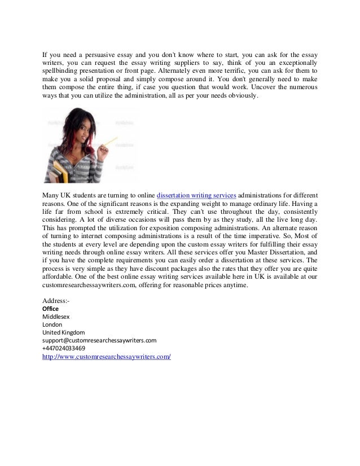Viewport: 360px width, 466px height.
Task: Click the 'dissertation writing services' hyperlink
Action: coord(196,196)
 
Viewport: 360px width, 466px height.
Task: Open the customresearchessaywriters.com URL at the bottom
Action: coord(107,358)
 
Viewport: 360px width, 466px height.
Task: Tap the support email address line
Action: coord(99,341)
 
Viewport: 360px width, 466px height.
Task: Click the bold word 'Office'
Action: coord(51,309)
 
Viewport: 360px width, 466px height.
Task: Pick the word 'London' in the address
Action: coord(53,325)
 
